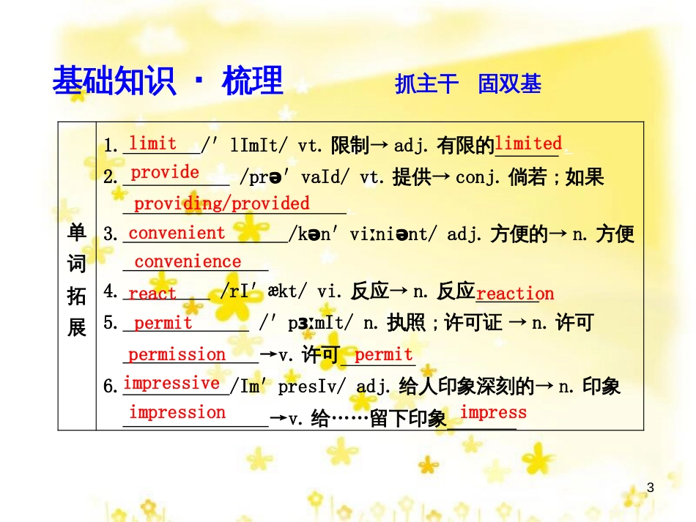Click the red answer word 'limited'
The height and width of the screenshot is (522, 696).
pos(528,143)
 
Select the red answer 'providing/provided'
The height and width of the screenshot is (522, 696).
pos(221,204)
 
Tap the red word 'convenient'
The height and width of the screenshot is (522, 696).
pos(177,233)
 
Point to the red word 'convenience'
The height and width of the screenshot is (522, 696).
pos(188,262)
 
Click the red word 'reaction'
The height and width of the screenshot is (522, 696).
pos(514,294)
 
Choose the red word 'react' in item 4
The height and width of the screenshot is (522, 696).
pos(152,294)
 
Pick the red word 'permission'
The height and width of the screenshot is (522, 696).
pos(177,355)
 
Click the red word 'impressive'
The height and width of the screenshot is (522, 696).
pos(171,383)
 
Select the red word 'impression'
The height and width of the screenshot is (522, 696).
pos(177,412)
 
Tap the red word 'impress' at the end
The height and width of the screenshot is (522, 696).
pos(493,413)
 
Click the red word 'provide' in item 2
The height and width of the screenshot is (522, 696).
pos(165,173)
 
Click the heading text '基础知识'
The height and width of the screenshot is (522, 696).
pos(115,81)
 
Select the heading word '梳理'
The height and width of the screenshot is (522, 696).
pos(252,81)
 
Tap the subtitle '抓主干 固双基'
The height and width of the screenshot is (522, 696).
pos(468,84)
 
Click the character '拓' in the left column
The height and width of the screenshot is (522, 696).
pos(77,296)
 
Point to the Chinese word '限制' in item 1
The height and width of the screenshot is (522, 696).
pos(349,146)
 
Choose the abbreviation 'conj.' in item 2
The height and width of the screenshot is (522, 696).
pos(475,177)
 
